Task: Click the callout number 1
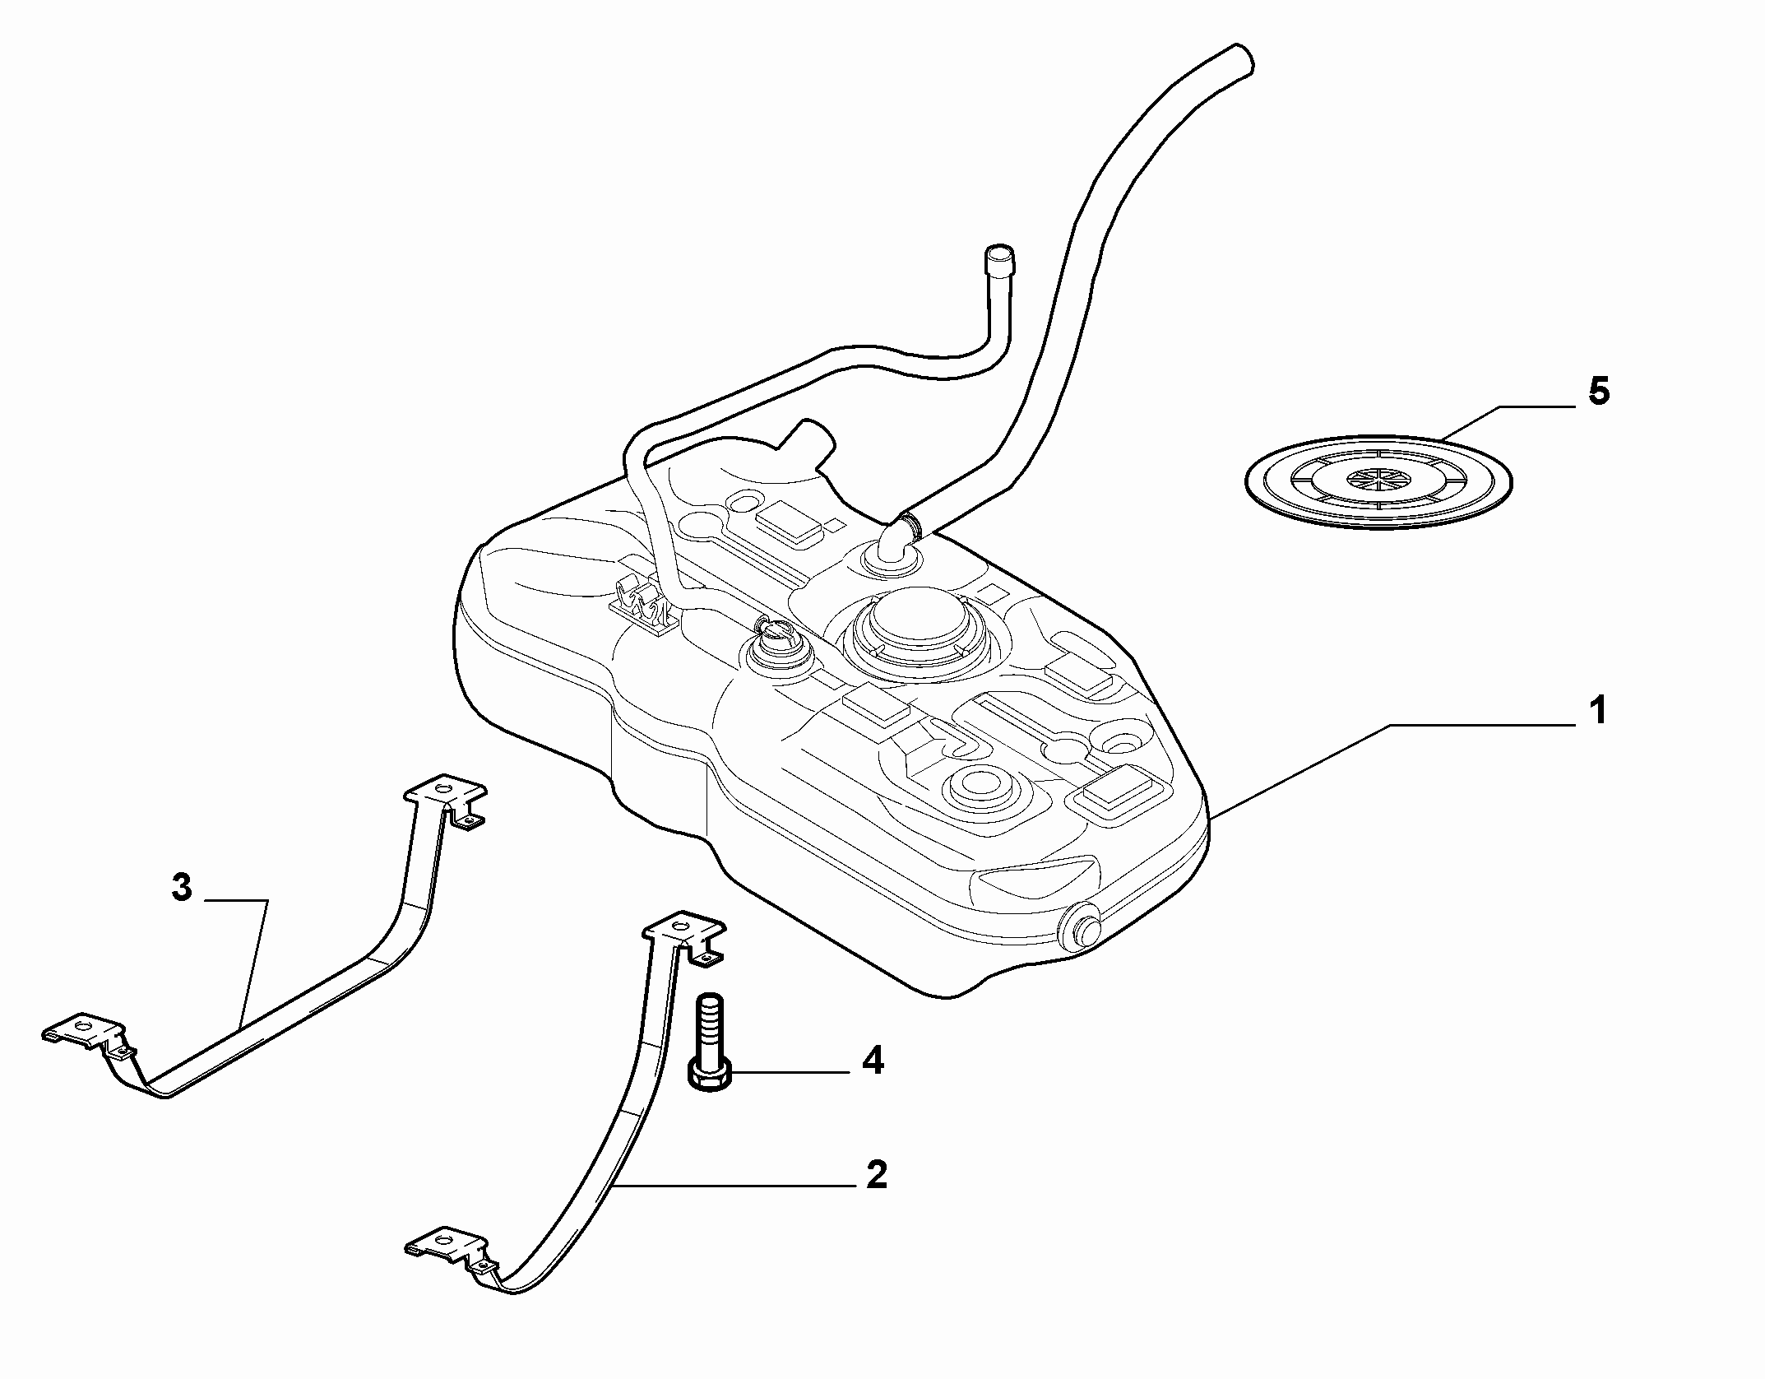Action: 1596,710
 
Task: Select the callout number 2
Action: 877,1174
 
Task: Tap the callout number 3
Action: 182,888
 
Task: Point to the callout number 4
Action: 873,1061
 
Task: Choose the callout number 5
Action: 1598,392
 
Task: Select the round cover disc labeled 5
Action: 1378,481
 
